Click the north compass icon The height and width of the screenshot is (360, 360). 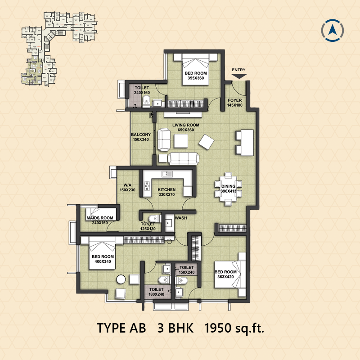point(332,31)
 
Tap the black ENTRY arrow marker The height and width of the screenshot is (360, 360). point(239,76)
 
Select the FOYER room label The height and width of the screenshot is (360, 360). point(234,100)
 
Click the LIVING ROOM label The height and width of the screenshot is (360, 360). point(186,125)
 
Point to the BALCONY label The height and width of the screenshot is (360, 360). point(141,135)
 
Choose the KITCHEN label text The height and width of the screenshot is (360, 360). point(166,189)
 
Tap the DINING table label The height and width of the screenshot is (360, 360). point(228,186)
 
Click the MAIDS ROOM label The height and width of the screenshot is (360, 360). point(100,218)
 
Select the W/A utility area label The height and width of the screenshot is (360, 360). point(127,185)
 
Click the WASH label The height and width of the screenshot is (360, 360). point(181,218)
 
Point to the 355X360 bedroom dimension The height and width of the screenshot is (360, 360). point(196,78)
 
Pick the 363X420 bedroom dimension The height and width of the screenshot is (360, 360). point(225,277)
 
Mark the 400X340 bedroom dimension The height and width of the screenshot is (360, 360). point(103,261)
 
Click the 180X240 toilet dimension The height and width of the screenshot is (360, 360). point(156,294)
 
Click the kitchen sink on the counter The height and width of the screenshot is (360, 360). point(167,174)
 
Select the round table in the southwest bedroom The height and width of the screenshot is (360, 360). point(121,279)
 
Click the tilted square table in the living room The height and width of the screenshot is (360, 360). point(207,142)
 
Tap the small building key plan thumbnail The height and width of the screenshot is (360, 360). point(59,49)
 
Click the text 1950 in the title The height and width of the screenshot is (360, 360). point(217,328)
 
